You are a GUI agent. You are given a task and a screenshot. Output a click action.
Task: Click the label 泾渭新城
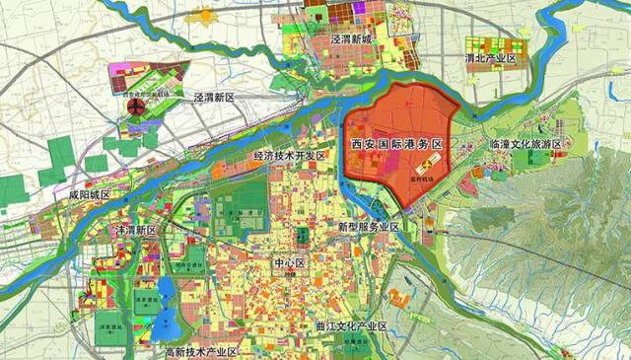(x=354, y=39)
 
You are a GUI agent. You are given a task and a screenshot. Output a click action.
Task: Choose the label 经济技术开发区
(x=289, y=156)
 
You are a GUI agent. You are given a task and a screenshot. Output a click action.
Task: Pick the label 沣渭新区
(x=137, y=229)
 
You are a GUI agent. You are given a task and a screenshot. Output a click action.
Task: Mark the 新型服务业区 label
(x=368, y=227)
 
